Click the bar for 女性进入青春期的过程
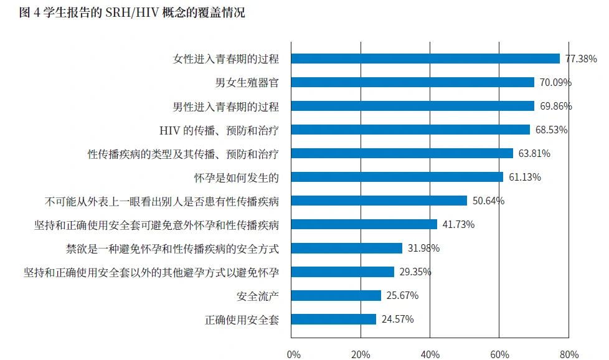coord(425,59)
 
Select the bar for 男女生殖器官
coord(413,82)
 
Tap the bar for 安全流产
coord(336,295)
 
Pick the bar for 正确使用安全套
coord(334,319)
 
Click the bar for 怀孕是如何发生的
coord(397,177)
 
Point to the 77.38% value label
coord(581,59)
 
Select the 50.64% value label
coord(488,201)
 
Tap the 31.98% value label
coord(423,248)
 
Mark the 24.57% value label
coord(397,319)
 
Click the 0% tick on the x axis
coord(293,354)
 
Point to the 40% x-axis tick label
coord(430,354)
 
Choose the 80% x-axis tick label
coord(569,354)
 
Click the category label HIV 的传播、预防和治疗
coord(219,130)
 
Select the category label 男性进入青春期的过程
coord(225,106)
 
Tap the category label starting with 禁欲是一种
coord(172,248)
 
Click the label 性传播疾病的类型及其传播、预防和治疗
coord(182,153)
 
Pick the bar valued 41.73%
coord(364,224)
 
